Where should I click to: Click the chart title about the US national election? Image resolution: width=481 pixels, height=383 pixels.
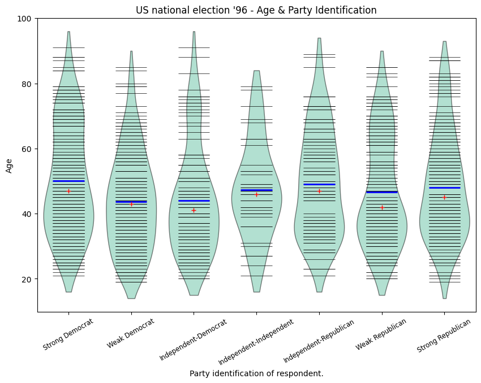(x=256, y=10)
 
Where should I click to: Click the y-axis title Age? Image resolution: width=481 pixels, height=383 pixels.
(x=9, y=165)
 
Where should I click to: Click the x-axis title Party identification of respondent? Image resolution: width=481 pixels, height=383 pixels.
(x=256, y=373)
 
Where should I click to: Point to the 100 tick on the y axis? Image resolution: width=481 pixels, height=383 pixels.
(x=26, y=19)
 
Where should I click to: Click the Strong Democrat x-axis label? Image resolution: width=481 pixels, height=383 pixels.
(x=68, y=335)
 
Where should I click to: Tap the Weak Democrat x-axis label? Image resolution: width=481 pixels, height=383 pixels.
(x=130, y=333)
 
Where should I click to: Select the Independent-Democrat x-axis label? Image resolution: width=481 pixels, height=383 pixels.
(x=193, y=340)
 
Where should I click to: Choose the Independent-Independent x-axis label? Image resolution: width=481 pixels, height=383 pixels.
(x=256, y=341)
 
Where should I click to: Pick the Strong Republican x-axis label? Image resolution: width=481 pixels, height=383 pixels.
(x=444, y=336)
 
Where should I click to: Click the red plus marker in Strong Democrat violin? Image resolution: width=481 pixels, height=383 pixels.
(x=68, y=191)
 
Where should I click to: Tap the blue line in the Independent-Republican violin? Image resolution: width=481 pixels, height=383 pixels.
(x=319, y=184)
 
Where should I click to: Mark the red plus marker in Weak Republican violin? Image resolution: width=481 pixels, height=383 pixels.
(x=382, y=207)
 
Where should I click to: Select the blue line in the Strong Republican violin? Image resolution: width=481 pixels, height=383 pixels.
(x=444, y=188)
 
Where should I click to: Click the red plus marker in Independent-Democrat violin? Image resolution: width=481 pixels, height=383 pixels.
(x=194, y=210)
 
